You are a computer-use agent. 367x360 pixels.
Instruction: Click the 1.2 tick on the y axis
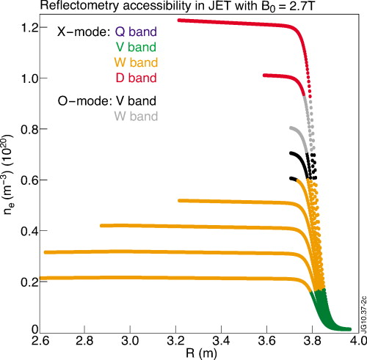pos(29,27)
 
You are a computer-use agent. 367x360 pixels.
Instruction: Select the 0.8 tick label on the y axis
pos(29,129)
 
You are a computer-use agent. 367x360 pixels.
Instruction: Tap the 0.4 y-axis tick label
pos(29,231)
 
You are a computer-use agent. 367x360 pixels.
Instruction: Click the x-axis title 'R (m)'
pos(195,355)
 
